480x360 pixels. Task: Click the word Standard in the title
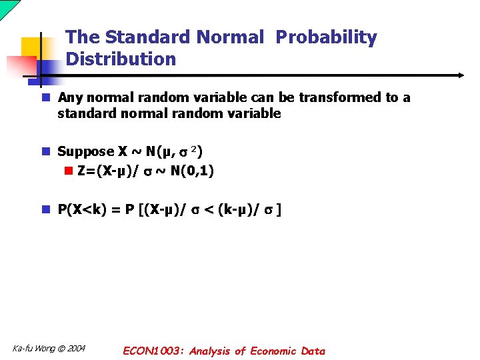point(139,38)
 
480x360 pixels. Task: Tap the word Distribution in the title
point(121,59)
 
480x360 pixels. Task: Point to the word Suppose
point(86,152)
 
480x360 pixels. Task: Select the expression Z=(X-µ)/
point(109,171)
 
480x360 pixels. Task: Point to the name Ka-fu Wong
point(34,349)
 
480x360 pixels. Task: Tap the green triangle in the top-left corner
point(7,7)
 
